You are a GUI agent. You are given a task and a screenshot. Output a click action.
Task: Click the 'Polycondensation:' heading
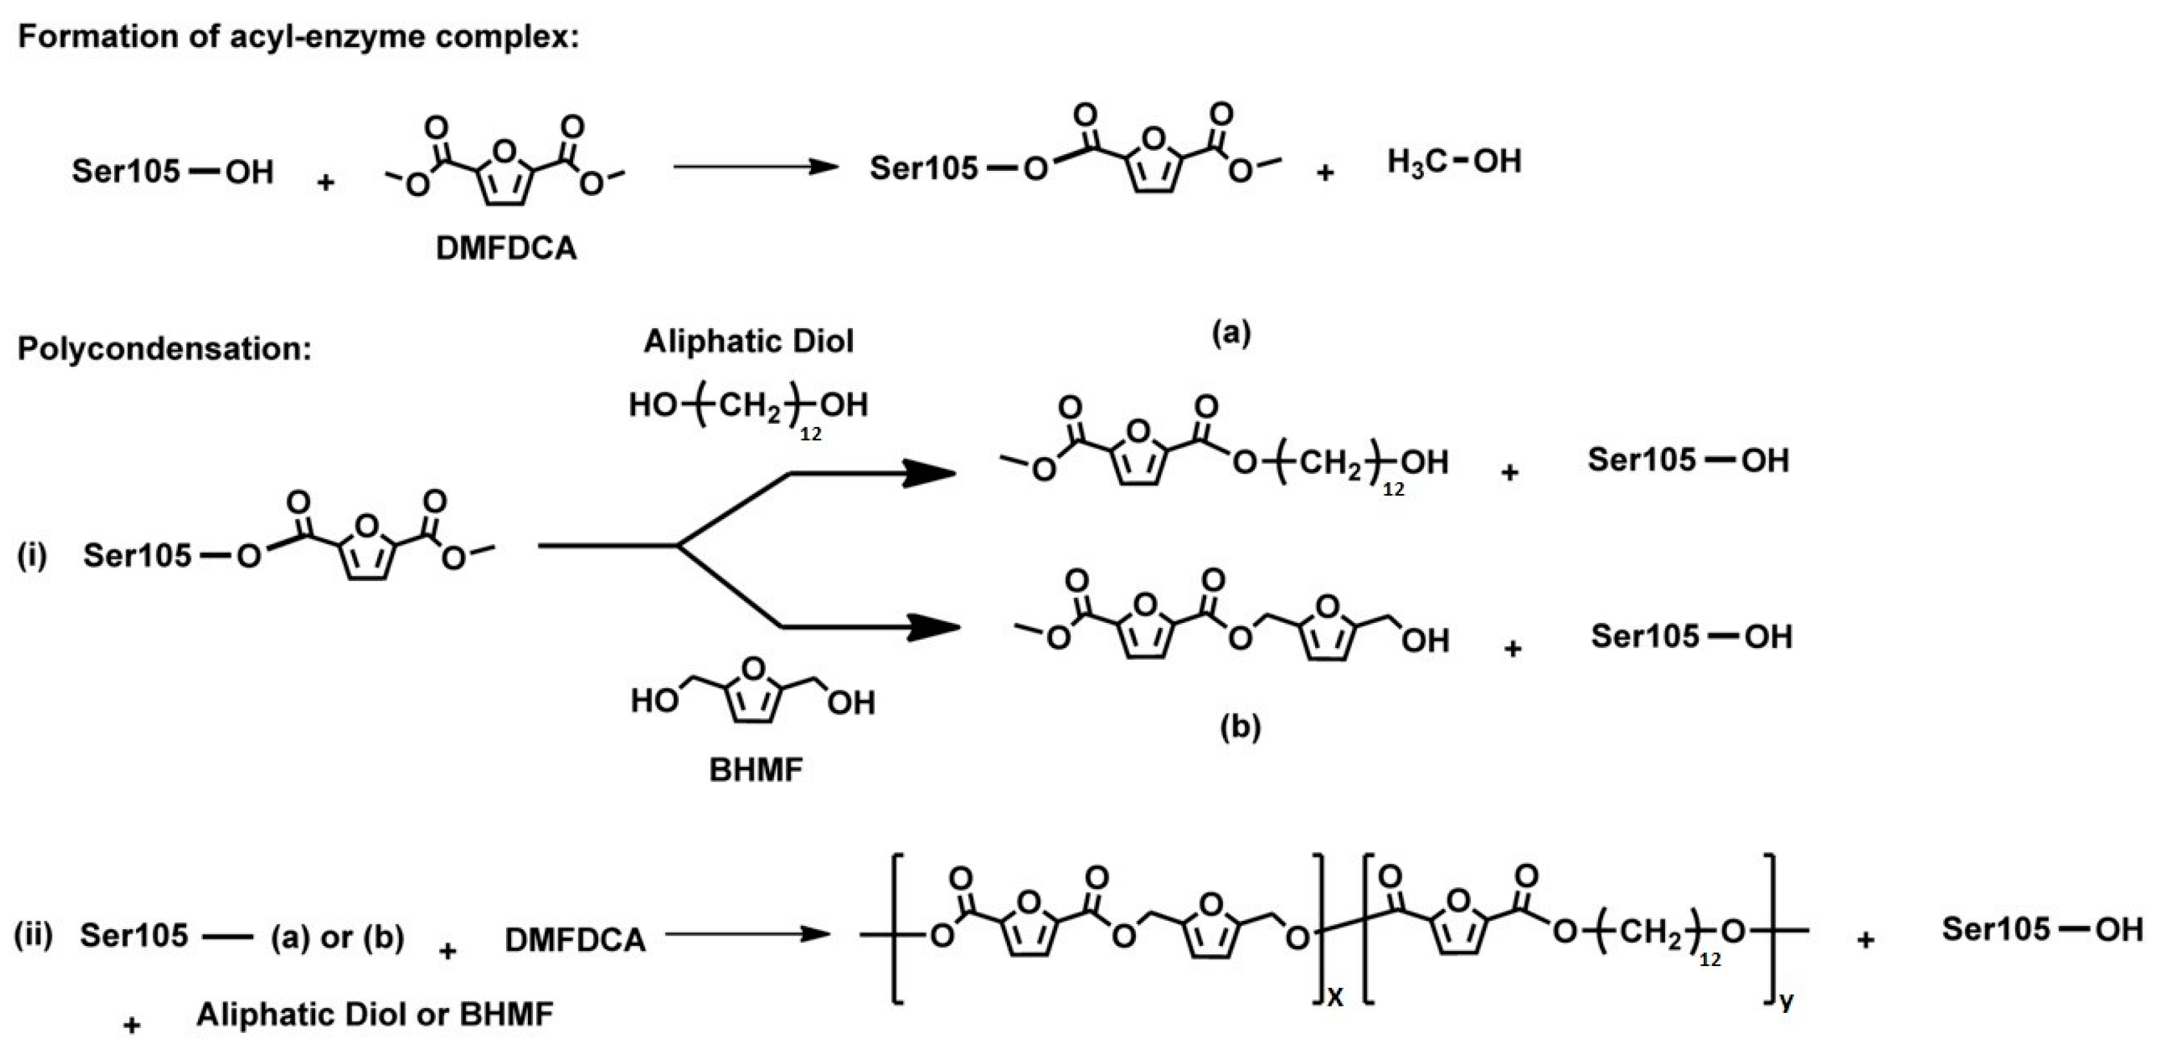pos(164,348)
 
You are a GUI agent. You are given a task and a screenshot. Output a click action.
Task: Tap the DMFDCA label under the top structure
pos(507,249)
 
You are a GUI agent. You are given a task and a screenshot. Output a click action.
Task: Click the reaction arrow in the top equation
pos(754,167)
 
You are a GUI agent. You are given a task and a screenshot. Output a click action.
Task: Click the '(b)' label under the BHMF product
pos(1240,727)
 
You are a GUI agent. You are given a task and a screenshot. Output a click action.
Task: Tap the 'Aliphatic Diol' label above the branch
pos(748,341)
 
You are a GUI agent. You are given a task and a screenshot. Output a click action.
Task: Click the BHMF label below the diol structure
pos(756,770)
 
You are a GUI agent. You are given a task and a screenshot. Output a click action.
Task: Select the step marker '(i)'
pos(32,555)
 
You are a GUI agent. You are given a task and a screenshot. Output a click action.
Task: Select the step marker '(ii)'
pos(34,936)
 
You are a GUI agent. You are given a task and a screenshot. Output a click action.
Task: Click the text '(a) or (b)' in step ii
pos(337,938)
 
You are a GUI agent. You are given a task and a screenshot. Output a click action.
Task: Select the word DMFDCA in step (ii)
pos(575,940)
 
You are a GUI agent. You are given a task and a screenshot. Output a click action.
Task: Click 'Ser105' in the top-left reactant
pos(126,171)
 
